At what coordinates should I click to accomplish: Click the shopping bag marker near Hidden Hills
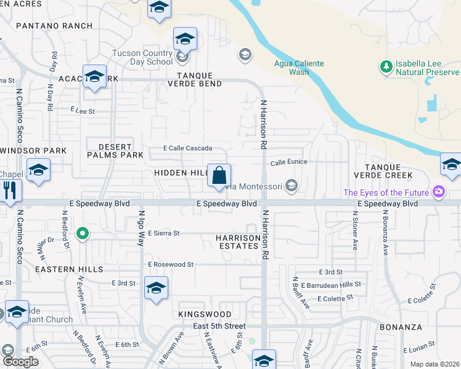point(219,176)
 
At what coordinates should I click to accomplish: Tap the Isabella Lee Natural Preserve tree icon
point(386,66)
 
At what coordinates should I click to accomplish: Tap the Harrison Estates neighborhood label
point(237,242)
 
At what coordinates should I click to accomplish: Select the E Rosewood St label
point(171,264)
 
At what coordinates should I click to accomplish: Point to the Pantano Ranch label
point(54,26)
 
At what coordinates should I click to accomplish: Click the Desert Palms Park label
point(115,151)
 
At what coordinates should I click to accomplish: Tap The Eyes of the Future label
point(386,192)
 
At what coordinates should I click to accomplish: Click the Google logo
point(20,362)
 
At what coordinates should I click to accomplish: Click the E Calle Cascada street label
point(187,148)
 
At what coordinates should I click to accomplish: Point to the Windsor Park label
point(34,151)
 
